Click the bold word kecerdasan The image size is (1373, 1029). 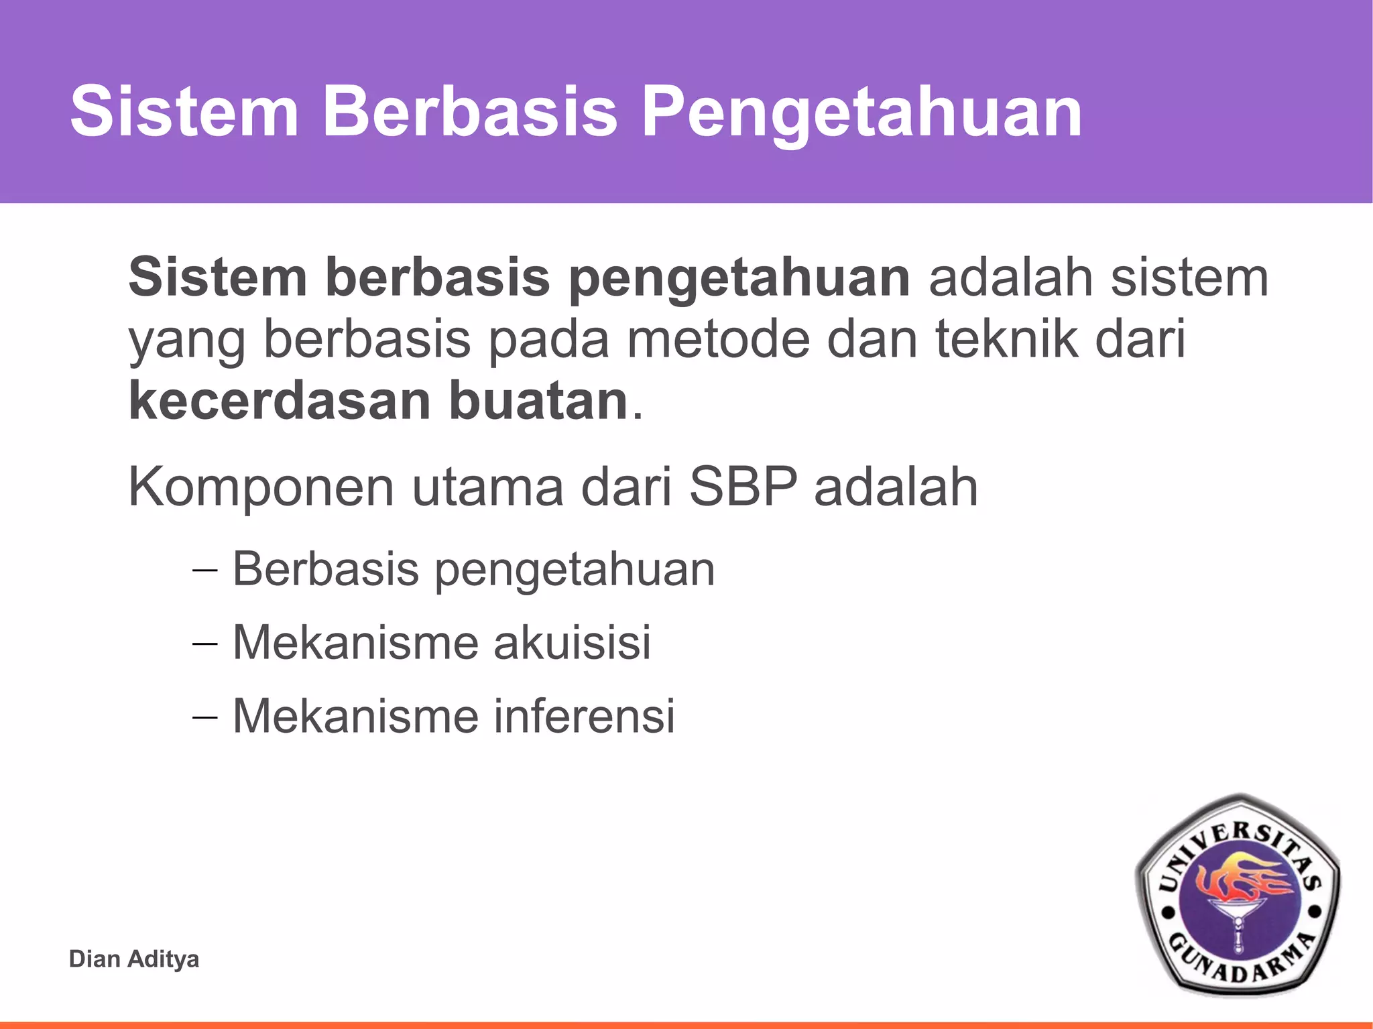(x=280, y=401)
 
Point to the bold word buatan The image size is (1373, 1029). (x=538, y=401)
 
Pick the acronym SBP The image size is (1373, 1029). (x=743, y=487)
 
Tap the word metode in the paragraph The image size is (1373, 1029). (x=717, y=339)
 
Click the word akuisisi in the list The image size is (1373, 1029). (x=572, y=642)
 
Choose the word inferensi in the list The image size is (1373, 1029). (x=584, y=716)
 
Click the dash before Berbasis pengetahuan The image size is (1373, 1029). (x=204, y=570)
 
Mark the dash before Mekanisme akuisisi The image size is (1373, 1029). (x=204, y=644)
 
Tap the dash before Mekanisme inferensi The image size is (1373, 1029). (x=204, y=718)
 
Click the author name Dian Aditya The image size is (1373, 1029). (x=134, y=959)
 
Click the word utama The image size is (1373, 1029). (x=487, y=487)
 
